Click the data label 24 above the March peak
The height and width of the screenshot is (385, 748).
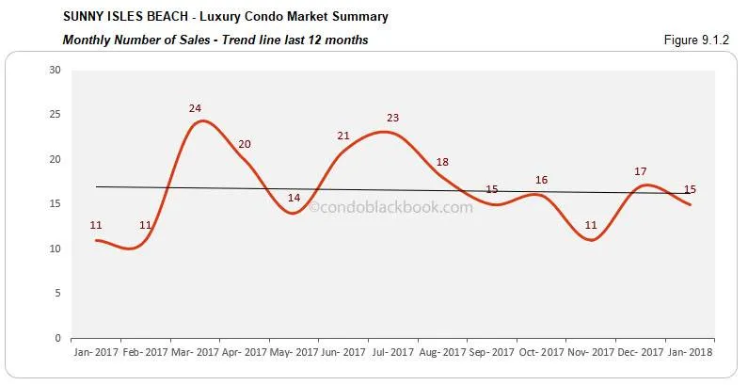tap(195, 108)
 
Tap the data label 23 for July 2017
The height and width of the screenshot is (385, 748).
tap(393, 118)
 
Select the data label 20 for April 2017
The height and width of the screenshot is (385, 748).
tap(245, 144)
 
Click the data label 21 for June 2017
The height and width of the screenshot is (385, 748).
tap(343, 136)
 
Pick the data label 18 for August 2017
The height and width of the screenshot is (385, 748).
tap(442, 162)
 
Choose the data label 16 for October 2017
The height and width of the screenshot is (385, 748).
tap(541, 180)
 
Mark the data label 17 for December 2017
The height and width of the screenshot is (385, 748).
tap(640, 171)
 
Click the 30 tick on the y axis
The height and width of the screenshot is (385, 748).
tap(55, 70)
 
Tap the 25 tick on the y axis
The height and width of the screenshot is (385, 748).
tap(55, 115)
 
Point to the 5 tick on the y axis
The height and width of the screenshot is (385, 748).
tap(57, 294)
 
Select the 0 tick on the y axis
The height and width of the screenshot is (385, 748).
tap(57, 338)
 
